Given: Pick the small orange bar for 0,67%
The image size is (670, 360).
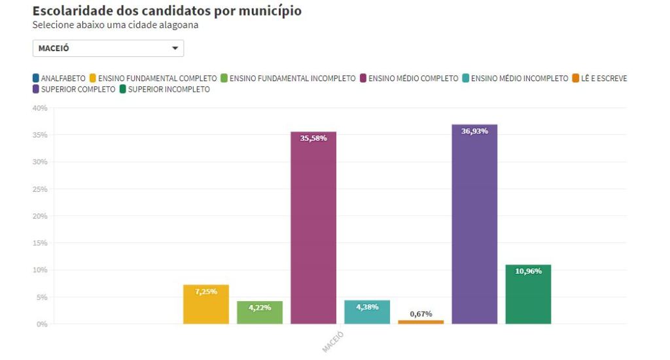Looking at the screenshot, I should [421, 322].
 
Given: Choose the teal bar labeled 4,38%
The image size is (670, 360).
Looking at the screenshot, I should [367, 312].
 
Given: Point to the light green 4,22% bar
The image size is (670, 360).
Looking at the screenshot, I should [260, 313].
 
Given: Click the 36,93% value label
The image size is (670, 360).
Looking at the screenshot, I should [474, 132].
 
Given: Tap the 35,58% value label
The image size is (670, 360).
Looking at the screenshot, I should [313, 139].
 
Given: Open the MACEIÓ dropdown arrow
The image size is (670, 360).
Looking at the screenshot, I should [175, 48].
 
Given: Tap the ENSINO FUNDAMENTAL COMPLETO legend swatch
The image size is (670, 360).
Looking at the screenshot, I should [93, 79].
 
